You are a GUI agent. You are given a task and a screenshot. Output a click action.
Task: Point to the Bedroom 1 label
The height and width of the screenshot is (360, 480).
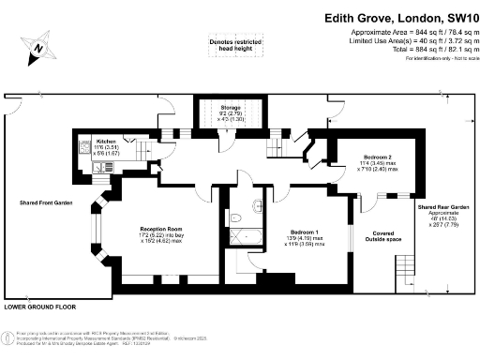(306, 232)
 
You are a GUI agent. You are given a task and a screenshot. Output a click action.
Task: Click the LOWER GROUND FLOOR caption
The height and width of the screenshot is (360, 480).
(39, 307)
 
